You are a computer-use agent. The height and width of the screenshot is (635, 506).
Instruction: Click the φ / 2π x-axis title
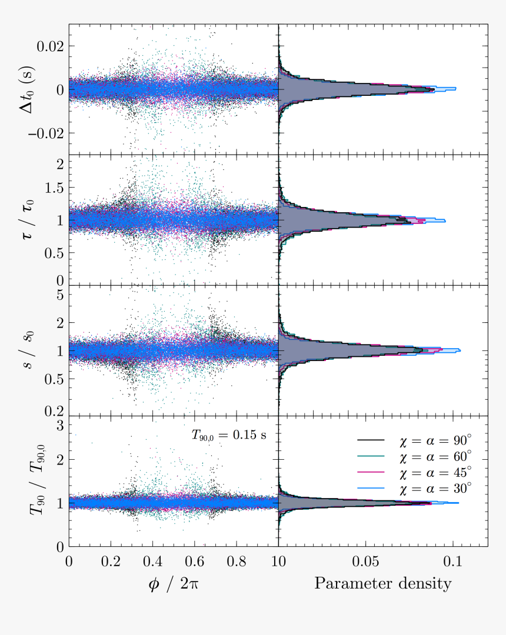pos(173,583)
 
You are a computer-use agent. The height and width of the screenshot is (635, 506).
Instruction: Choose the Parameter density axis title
pos(382,583)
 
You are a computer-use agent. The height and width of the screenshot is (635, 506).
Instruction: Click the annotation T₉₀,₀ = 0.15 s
pos(229,435)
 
